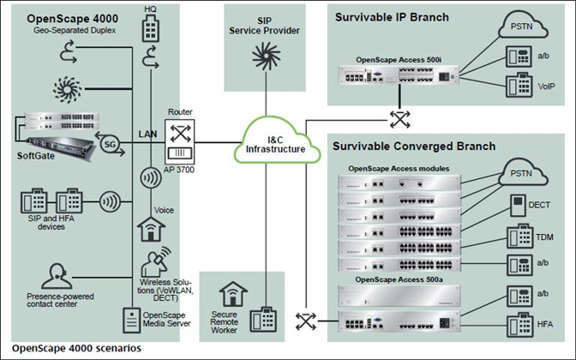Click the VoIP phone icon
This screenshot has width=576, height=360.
519,87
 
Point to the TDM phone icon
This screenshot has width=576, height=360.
519,234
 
